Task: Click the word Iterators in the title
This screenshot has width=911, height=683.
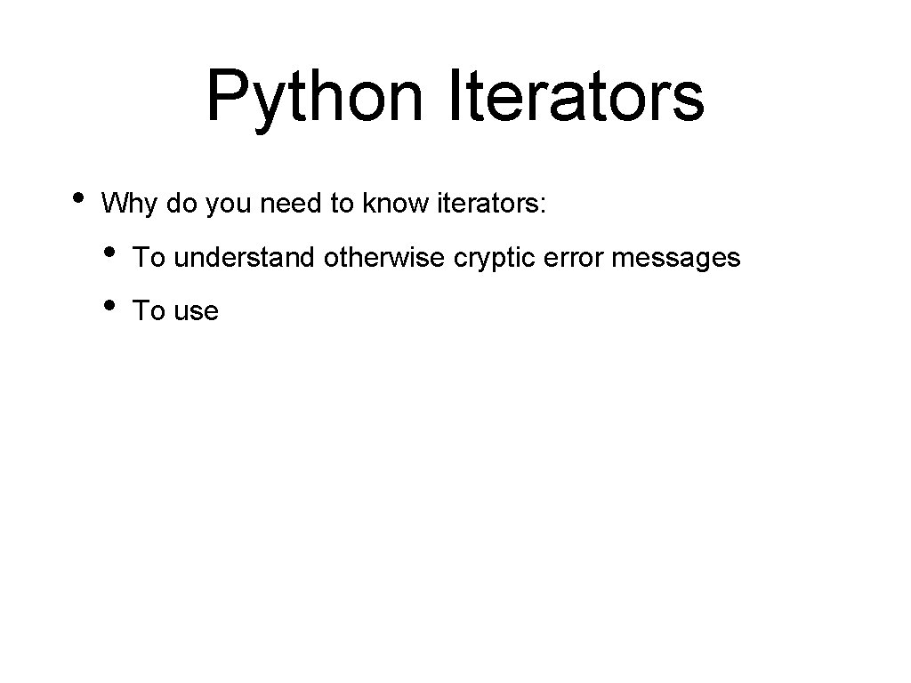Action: point(576,95)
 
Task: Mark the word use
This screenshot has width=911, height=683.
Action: point(196,311)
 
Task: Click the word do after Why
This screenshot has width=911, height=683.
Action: point(181,205)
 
